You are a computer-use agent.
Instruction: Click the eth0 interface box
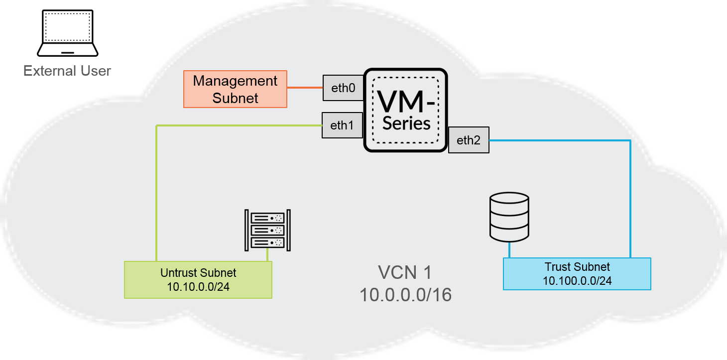click(x=343, y=89)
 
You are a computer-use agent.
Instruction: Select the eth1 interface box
click(x=342, y=125)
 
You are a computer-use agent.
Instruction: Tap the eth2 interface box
click(x=469, y=140)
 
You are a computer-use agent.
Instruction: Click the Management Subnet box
click(x=235, y=89)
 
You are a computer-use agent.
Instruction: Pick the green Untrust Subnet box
click(x=198, y=279)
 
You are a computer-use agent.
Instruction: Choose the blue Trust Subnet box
click(x=577, y=273)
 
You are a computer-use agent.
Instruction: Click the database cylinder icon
click(x=509, y=216)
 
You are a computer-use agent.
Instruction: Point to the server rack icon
click(x=267, y=230)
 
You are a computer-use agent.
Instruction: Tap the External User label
click(x=67, y=71)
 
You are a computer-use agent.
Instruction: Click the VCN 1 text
click(x=405, y=273)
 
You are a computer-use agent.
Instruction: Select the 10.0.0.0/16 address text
click(x=405, y=295)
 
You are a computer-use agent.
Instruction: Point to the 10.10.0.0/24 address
click(x=198, y=287)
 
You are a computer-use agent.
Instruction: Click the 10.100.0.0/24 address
click(x=577, y=281)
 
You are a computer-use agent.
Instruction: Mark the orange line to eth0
click(x=305, y=88)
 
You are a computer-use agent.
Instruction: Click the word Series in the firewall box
click(x=406, y=123)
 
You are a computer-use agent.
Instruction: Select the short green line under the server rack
click(x=268, y=255)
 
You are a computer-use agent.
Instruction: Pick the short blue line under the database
click(x=509, y=249)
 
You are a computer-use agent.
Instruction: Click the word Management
click(x=235, y=81)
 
